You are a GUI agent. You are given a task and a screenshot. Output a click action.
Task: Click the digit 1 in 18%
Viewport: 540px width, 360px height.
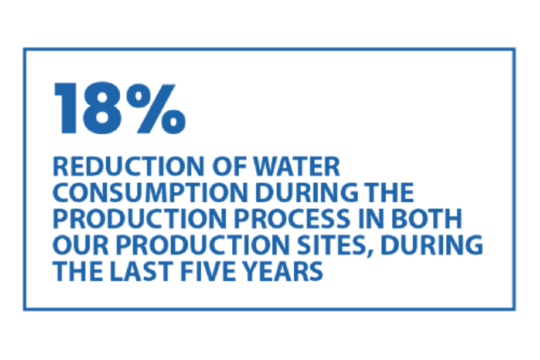(66, 108)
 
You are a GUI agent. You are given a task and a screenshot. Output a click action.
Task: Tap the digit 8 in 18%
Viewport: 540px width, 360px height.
(102, 108)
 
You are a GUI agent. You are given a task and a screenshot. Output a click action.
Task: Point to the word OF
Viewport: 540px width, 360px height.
(230, 166)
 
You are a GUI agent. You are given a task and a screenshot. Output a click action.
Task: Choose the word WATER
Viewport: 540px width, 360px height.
(297, 166)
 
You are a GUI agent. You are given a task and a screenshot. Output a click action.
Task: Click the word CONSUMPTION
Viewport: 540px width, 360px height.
(150, 192)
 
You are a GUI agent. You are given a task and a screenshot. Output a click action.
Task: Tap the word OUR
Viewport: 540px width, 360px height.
(80, 245)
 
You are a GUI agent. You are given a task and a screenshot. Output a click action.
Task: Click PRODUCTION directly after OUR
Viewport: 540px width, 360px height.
(202, 245)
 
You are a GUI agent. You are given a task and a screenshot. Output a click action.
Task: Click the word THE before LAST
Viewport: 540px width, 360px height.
(78, 271)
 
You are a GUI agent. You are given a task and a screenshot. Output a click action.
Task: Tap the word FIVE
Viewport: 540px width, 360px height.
(208, 271)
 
